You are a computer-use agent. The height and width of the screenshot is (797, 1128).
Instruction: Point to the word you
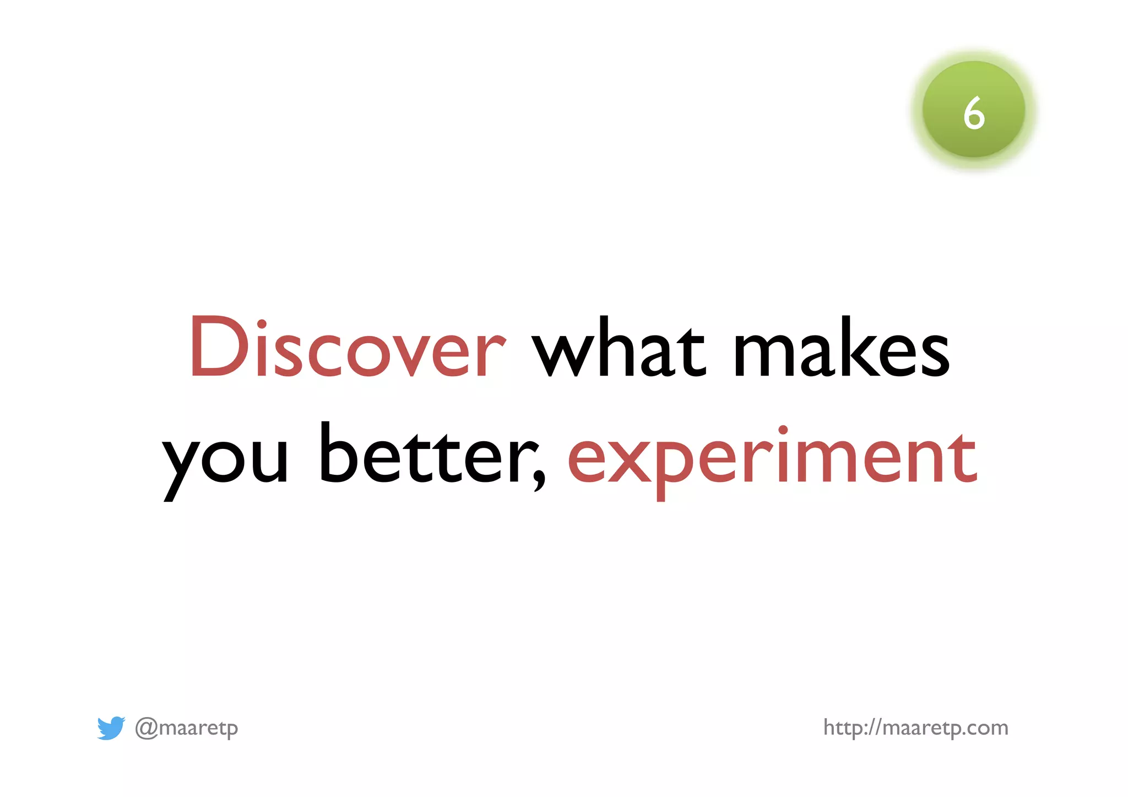pos(226,460)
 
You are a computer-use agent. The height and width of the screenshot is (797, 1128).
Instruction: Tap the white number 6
pos(974,113)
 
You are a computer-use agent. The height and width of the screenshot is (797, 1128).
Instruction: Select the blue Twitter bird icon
pos(111,728)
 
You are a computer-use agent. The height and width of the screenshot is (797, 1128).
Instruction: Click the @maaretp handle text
pos(187,728)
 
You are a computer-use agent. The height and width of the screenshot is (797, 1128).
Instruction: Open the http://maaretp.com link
pos(915,728)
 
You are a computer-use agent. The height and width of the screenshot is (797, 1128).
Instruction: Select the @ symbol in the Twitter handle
pos(146,728)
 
